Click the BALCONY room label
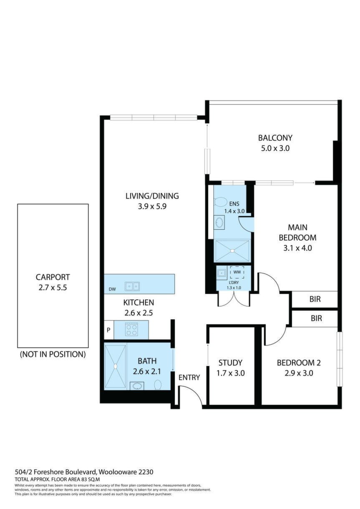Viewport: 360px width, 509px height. point(275,138)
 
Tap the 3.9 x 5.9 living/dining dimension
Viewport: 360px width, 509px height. point(152,206)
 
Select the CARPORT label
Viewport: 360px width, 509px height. point(53,277)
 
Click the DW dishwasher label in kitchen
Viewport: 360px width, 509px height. point(112,289)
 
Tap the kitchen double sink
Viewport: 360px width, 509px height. point(132,286)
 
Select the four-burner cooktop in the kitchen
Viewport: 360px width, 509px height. point(131,330)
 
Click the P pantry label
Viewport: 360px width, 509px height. point(108,330)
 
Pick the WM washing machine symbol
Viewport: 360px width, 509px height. point(237,272)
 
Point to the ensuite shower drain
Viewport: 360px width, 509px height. point(232,251)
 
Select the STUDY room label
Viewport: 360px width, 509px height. point(230,363)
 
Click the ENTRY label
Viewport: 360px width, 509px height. point(189,377)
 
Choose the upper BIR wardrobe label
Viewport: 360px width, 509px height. point(315,299)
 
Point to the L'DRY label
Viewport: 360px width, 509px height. point(234,283)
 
